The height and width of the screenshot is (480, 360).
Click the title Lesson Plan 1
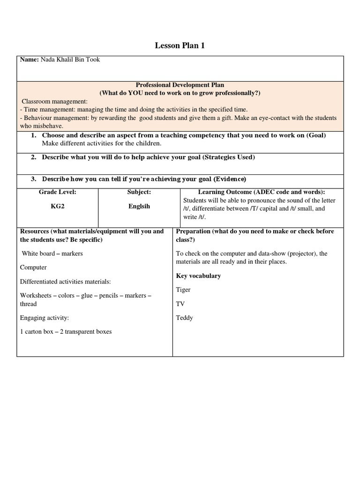[180, 45]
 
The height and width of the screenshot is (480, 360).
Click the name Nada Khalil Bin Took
[70, 60]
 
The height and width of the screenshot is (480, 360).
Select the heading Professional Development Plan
[180, 85]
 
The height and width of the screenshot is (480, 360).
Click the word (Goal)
[316, 135]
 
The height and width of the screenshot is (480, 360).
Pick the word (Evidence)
[230, 179]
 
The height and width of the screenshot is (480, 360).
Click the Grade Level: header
[57, 192]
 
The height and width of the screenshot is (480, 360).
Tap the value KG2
[57, 206]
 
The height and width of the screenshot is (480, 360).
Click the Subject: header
[139, 192]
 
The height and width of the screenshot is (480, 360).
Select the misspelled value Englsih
[139, 206]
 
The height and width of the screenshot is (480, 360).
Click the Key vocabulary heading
[198, 276]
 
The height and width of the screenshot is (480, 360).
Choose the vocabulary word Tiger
[183, 290]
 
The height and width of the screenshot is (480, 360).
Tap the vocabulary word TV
[180, 304]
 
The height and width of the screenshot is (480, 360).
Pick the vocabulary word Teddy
[184, 318]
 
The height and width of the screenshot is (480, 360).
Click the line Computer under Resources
[33, 267]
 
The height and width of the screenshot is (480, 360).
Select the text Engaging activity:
[45, 318]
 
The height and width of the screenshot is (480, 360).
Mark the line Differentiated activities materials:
[65, 281]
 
